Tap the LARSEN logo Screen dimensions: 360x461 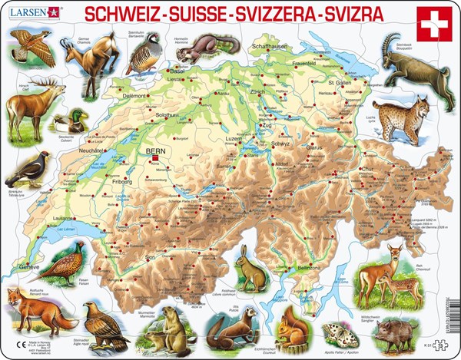pos(31,11)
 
